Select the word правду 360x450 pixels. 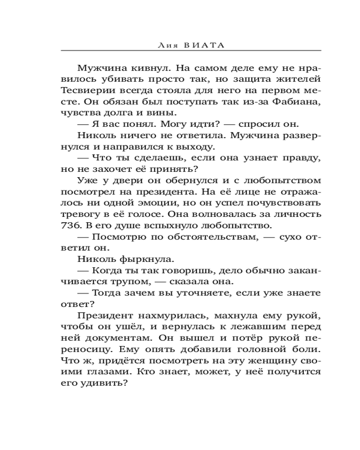[x=301, y=157]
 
